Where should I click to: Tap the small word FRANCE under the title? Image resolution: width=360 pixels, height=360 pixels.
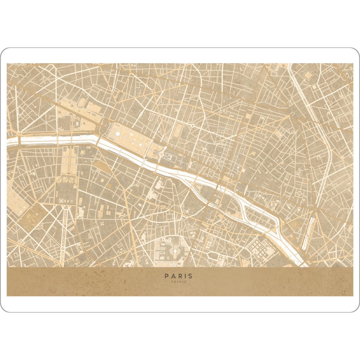(x=179, y=282)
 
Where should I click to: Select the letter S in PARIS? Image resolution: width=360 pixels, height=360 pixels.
(x=191, y=276)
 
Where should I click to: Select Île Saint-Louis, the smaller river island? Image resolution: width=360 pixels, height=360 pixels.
(x=261, y=214)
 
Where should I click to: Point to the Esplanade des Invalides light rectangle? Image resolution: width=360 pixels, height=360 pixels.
(x=67, y=162)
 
